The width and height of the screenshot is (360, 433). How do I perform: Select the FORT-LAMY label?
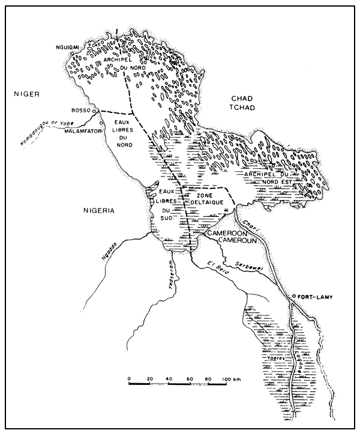pyautogui.click(x=316, y=297)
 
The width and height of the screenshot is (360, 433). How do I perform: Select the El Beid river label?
pyautogui.click(x=216, y=264)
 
